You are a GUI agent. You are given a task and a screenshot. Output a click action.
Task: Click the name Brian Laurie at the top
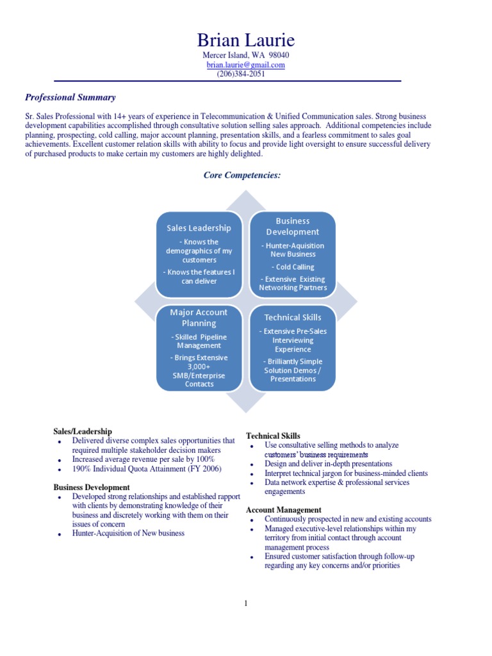click(246, 40)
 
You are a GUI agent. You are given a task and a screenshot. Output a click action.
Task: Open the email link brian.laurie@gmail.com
click(245, 65)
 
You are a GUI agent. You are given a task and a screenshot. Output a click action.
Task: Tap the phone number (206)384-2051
click(240, 74)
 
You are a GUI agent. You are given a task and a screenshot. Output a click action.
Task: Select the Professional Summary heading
click(70, 97)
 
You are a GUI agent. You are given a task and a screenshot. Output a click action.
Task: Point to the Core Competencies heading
click(242, 174)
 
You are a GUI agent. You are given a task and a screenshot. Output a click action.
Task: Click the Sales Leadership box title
click(199, 228)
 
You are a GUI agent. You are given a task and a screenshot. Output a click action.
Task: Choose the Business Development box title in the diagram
click(292, 226)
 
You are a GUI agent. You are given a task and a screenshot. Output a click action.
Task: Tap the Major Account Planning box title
click(199, 318)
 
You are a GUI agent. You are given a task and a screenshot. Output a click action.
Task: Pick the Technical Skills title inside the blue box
click(293, 317)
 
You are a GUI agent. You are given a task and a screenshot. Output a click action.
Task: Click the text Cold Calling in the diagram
click(293, 266)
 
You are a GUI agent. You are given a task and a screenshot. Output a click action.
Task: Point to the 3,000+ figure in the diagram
click(199, 366)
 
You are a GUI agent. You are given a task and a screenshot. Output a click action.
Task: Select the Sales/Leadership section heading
click(83, 432)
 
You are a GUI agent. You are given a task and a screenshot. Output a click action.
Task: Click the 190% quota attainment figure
click(81, 469)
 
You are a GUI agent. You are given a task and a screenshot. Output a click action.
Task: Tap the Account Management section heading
click(284, 510)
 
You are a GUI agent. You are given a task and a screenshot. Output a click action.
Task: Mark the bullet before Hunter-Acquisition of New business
click(59, 534)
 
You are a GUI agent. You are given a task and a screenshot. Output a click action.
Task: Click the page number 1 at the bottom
click(246, 603)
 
